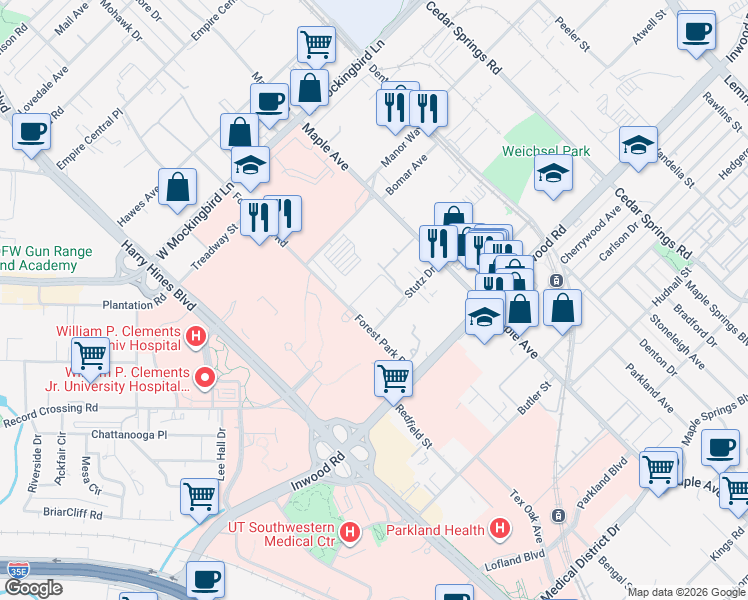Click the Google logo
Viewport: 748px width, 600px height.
pyautogui.click(x=32, y=589)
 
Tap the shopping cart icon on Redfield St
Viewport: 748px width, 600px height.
pyautogui.click(x=393, y=379)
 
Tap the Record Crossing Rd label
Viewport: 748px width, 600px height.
pyautogui.click(x=50, y=409)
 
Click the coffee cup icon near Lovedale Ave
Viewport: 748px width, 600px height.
pyautogui.click(x=32, y=131)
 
